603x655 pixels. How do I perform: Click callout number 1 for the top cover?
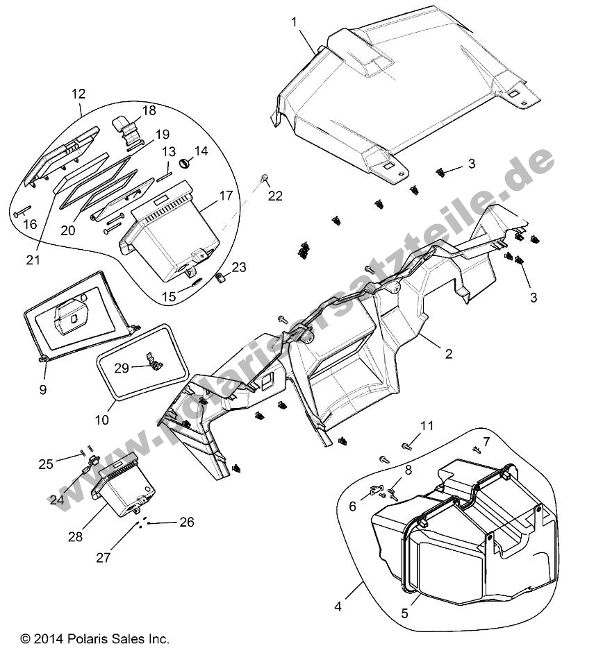[x=295, y=22]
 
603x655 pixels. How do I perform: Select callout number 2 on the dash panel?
[x=449, y=354]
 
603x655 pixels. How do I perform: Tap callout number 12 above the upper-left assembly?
[x=78, y=93]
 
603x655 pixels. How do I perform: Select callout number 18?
[x=149, y=110]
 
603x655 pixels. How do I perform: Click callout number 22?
[x=276, y=196]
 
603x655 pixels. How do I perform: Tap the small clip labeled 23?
[x=221, y=279]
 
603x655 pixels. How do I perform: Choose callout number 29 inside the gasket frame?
[x=122, y=368]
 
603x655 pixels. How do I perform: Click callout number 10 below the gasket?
[x=102, y=420]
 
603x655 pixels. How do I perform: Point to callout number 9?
[x=43, y=390]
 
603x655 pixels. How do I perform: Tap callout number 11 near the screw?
[x=427, y=425]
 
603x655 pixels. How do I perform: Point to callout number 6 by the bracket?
[x=352, y=507]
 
